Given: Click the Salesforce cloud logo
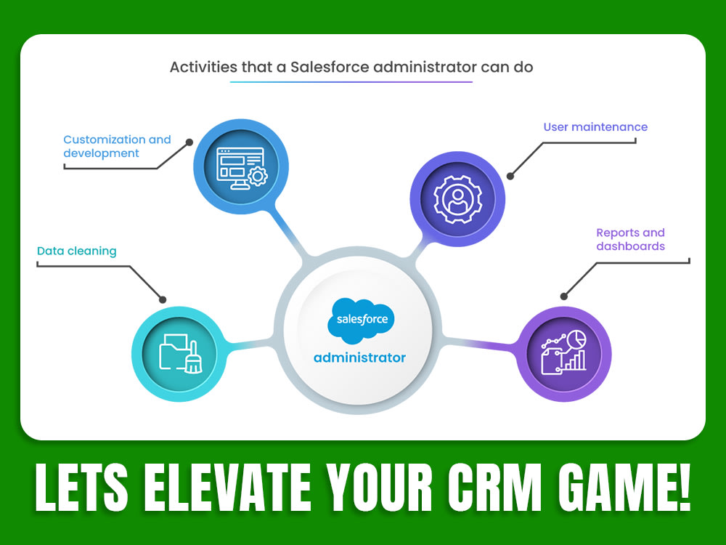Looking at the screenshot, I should click(x=360, y=319).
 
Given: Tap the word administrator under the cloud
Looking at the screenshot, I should click(x=360, y=358).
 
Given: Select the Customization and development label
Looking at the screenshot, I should click(x=117, y=146).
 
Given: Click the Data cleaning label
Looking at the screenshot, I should click(x=76, y=251).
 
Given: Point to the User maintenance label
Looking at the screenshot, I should click(x=595, y=127).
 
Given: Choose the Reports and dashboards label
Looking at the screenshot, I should click(x=630, y=240).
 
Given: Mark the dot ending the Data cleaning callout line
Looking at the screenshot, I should click(x=163, y=299).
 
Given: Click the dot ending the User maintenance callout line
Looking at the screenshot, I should click(x=510, y=176).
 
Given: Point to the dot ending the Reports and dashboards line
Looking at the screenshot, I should click(x=564, y=295).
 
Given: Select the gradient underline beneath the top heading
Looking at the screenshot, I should click(x=351, y=82).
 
